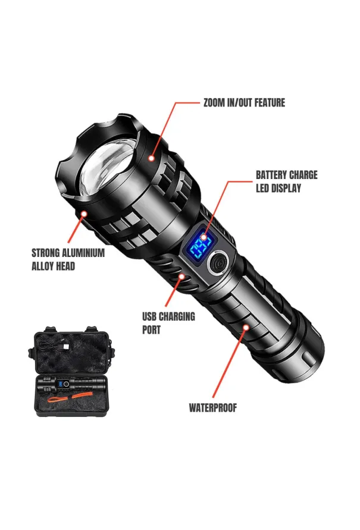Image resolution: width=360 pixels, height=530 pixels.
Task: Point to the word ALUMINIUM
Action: (83, 253)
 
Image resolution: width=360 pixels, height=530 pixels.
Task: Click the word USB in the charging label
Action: (149, 316)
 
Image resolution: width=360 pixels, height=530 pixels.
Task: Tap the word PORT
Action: (151, 330)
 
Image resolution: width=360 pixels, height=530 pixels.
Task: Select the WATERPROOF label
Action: (212, 408)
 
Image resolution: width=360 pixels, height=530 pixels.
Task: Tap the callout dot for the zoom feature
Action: (151, 158)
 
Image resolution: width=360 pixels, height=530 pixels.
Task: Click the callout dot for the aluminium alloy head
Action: (84, 214)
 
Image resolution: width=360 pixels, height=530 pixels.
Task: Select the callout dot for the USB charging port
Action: (182, 277)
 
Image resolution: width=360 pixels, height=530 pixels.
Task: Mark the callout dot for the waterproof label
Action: (246, 327)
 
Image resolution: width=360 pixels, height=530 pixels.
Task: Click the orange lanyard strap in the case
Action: (66, 398)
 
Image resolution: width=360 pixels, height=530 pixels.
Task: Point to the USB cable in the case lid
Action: (54, 346)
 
